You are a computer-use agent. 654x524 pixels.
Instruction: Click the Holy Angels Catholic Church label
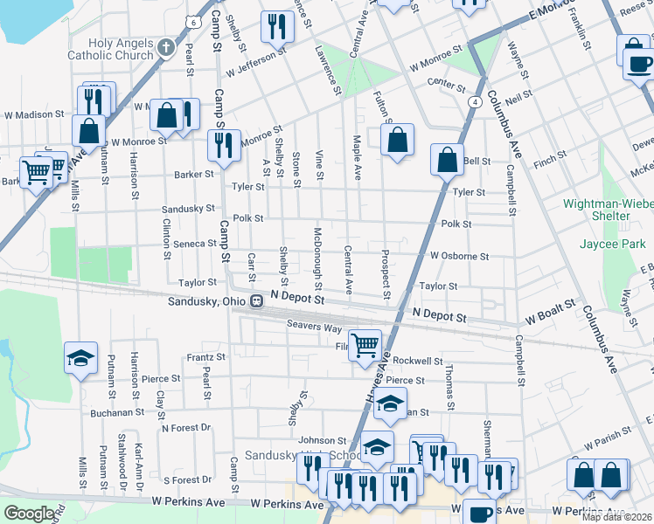(121, 49)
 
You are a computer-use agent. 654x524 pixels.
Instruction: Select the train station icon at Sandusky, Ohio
(257, 301)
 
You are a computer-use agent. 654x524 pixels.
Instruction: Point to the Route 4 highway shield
(473, 102)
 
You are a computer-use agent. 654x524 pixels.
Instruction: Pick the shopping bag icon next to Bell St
(447, 159)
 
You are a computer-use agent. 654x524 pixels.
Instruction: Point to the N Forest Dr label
(186, 428)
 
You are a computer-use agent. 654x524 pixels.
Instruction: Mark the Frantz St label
(206, 357)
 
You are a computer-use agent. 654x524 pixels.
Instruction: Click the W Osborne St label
(459, 256)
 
